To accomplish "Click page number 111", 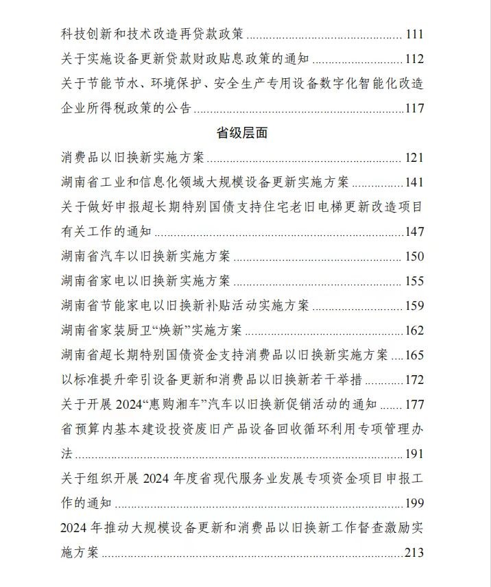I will click(x=414, y=34).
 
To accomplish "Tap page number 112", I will click(x=414, y=59).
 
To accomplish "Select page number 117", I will click(x=414, y=108).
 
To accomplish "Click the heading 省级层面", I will click(x=241, y=133).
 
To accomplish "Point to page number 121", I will click(x=414, y=158).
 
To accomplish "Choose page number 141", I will click(x=414, y=182).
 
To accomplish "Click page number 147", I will click(x=414, y=232).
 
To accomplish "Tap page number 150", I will click(x=414, y=256).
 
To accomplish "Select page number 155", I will click(x=414, y=281).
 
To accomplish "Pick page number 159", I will click(x=414, y=306).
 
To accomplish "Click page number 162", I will click(x=414, y=331).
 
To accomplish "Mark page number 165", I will click(x=414, y=355).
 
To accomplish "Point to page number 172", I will click(x=414, y=380).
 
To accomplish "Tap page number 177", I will click(x=414, y=405).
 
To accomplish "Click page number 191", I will click(x=414, y=454).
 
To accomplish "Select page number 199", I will click(x=414, y=503).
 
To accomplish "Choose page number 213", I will click(x=414, y=553).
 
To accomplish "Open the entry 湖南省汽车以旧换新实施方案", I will click(x=145, y=256).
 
